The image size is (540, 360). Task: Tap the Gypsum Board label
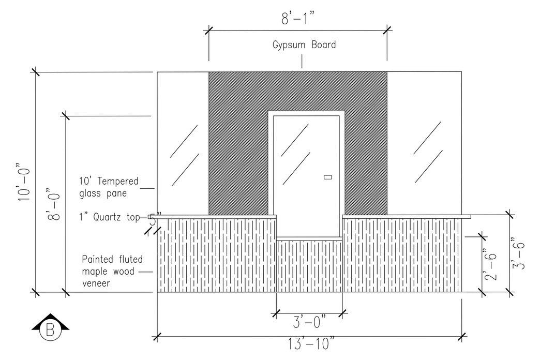pos(304,44)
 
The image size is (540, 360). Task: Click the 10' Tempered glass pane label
pos(109,187)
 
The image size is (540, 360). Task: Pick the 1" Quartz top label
pos(109,217)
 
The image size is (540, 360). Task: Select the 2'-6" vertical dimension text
pos(492,265)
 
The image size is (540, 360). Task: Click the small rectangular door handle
pos(327,177)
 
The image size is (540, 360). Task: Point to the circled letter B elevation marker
pos(51,330)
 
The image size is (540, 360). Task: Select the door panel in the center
pos(305,176)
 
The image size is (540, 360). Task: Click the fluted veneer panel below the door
pos(309,266)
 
